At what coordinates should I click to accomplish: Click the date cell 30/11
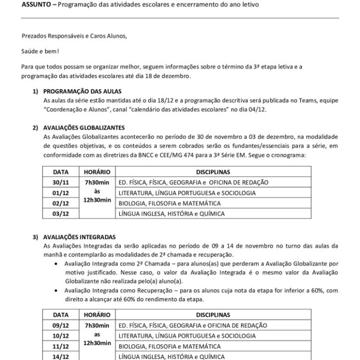pyautogui.click(x=61, y=183)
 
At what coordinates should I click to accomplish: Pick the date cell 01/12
pyautogui.click(x=61, y=193)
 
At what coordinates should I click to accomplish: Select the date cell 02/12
pyautogui.click(x=61, y=203)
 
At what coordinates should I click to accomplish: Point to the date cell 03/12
pyautogui.click(x=61, y=213)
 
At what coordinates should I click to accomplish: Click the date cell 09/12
pyautogui.click(x=60, y=326)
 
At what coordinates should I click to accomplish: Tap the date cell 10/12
pyautogui.click(x=60, y=336)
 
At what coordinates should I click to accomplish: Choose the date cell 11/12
pyautogui.click(x=60, y=346)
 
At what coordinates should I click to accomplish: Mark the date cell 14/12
pyautogui.click(x=60, y=356)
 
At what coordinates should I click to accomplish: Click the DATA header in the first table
pyautogui.click(x=61, y=172)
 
